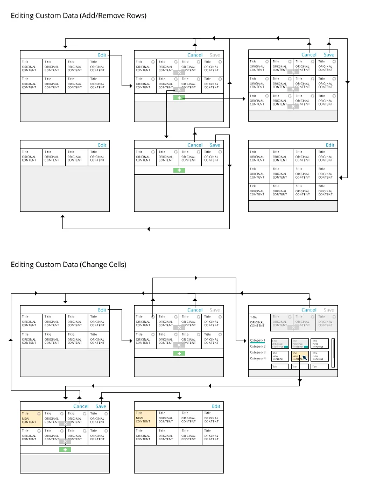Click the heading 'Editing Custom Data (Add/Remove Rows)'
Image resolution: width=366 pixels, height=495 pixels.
tap(79, 16)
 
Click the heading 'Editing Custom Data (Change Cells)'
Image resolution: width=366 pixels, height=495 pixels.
tap(68, 264)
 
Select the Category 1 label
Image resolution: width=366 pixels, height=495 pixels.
tap(258, 341)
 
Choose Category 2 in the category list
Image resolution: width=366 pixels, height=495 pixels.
tap(258, 346)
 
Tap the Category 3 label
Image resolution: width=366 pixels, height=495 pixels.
tap(258, 352)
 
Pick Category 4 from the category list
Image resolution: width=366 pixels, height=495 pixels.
tap(258, 358)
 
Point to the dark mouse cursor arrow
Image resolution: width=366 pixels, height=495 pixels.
tap(305, 358)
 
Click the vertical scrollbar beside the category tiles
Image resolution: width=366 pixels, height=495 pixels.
tap(333, 352)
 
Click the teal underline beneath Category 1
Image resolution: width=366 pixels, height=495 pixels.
tap(258, 343)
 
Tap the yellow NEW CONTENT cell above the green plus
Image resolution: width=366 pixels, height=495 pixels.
tap(31, 419)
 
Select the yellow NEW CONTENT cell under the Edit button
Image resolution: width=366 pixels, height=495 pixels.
tap(145, 419)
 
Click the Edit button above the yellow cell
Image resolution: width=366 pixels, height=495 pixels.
tap(216, 406)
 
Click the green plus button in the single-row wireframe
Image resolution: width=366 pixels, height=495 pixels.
tap(179, 170)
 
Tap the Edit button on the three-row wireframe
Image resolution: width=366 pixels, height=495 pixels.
tap(330, 145)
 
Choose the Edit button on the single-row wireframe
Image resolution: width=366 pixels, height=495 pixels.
tap(102, 145)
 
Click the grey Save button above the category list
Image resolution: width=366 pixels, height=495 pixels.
tap(329, 310)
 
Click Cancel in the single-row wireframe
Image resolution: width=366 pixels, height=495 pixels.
tap(195, 145)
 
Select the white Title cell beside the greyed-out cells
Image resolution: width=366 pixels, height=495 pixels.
tap(258, 321)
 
